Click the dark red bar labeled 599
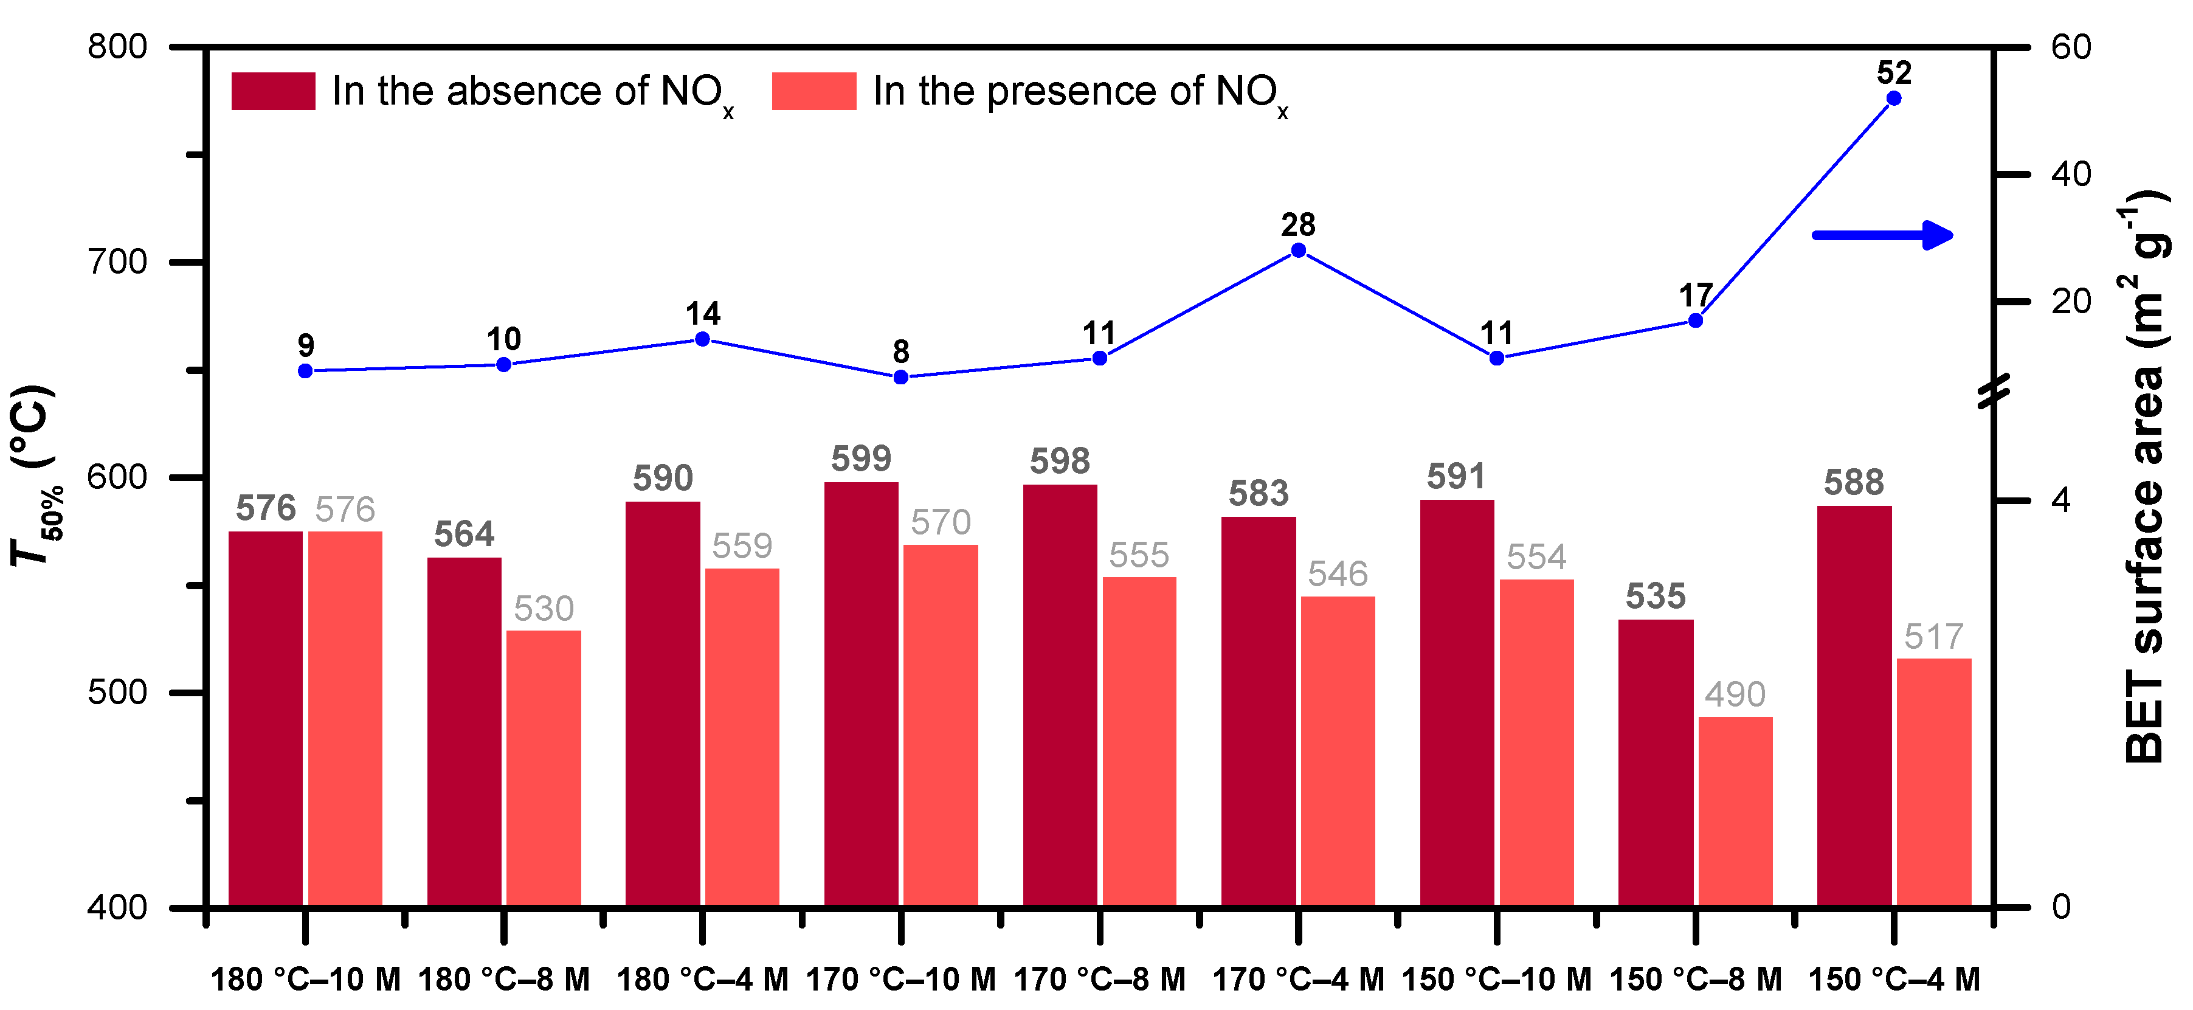tap(861, 693)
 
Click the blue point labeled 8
tap(900, 377)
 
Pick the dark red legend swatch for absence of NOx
tap(273, 91)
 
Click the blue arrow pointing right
tap(1882, 235)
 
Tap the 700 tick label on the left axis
tap(117, 261)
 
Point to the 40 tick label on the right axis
tap(2070, 175)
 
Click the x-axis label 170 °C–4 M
tap(1298, 980)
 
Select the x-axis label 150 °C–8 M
tap(1695, 980)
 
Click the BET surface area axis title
tap(2144, 477)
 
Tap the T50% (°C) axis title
tap(34, 477)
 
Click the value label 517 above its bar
tap(1933, 637)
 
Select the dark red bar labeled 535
tap(1655, 761)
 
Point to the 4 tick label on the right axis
tap(2060, 500)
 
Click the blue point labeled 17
tap(1695, 320)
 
